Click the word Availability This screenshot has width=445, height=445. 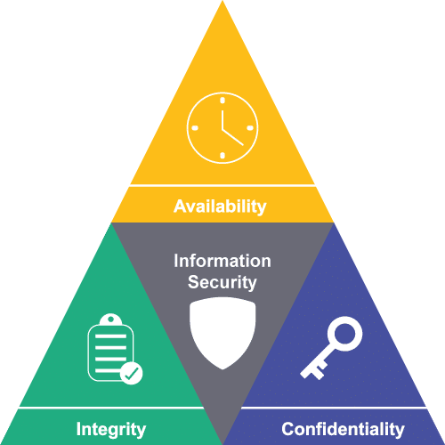220,206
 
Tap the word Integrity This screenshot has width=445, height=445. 111,430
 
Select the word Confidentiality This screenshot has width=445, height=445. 343,429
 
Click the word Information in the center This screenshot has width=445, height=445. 222,261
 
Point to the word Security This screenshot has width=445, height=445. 222,282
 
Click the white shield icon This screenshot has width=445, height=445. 222,332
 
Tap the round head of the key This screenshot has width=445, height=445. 344,334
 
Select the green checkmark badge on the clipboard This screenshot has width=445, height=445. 132,373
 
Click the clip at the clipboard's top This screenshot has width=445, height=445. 110,320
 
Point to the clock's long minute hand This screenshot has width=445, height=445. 232,137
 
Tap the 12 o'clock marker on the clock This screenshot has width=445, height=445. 222,101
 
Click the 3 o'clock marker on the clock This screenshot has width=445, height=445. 250,128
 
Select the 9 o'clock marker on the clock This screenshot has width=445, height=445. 195,128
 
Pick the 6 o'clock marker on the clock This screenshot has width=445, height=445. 222,156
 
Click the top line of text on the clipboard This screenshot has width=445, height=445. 110,336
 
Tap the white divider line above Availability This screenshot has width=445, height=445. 222,186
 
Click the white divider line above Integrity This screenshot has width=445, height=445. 111,408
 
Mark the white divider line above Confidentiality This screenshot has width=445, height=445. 334,408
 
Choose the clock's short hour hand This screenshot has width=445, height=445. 222,120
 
